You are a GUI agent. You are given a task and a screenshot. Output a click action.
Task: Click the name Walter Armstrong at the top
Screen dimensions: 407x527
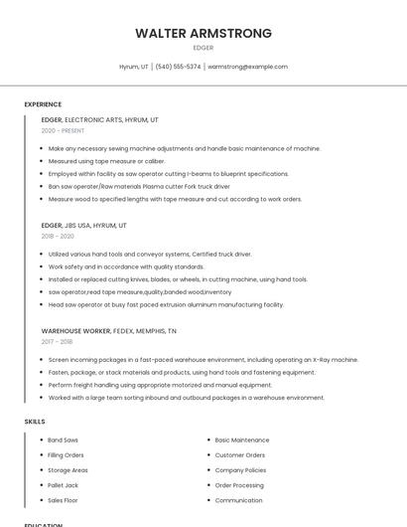pyautogui.click(x=203, y=33)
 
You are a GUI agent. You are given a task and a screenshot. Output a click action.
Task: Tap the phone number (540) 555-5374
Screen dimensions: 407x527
pyautogui.click(x=178, y=67)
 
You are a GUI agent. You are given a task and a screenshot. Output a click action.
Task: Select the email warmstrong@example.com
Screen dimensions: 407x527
pyautogui.click(x=248, y=67)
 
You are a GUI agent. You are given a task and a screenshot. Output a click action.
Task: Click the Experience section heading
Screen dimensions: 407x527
pyautogui.click(x=43, y=104)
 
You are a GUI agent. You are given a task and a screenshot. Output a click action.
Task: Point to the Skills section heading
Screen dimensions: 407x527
pyautogui.click(x=35, y=422)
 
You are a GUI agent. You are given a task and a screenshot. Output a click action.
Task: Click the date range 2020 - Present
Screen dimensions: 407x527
pyautogui.click(x=63, y=130)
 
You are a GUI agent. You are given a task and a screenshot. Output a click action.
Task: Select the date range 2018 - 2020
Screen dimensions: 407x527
pyautogui.click(x=58, y=236)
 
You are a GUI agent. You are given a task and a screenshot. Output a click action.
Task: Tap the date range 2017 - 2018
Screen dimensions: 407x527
pyautogui.click(x=58, y=341)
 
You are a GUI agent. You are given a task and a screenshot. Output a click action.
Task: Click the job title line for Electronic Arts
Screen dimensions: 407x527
pyautogui.click(x=99, y=119)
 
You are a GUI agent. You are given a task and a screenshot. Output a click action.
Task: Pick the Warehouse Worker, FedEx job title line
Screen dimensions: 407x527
pyautogui.click(x=108, y=330)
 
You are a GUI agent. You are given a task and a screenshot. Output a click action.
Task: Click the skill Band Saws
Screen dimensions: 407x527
pyautogui.click(x=63, y=439)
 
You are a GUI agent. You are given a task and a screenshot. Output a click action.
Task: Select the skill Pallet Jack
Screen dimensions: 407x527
pyautogui.click(x=63, y=485)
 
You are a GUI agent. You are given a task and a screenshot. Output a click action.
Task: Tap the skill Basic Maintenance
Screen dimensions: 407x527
pyautogui.click(x=242, y=439)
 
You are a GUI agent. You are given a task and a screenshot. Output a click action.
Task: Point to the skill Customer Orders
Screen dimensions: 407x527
pyautogui.click(x=240, y=454)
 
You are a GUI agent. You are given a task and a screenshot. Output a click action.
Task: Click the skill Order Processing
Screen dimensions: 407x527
pyautogui.click(x=239, y=485)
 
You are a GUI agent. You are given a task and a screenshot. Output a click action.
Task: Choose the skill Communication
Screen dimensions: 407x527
pyautogui.click(x=238, y=500)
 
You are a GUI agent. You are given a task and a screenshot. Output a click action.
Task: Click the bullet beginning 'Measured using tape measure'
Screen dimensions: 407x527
pyautogui.click(x=106, y=161)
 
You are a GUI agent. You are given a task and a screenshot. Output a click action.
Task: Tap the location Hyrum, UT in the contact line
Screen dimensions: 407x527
pyautogui.click(x=134, y=67)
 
